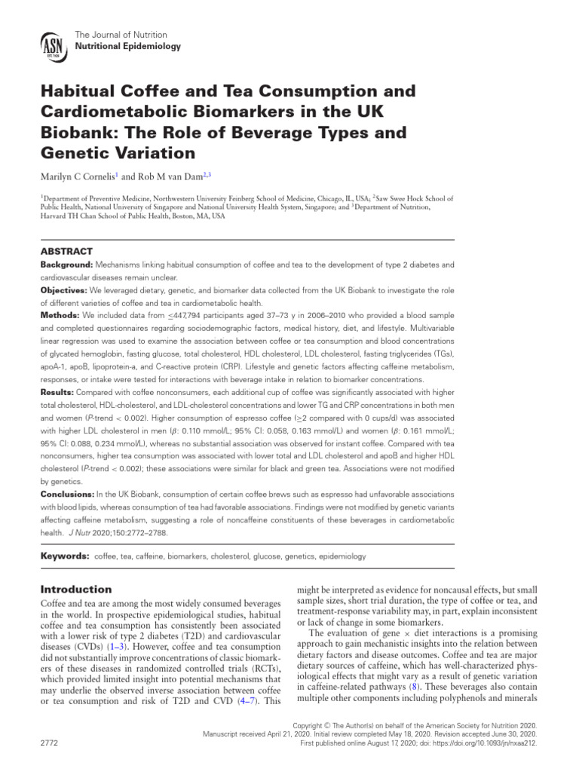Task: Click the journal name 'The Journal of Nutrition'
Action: coord(121,35)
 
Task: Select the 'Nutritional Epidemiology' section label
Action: coord(127,47)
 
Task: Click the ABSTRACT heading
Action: coord(66,251)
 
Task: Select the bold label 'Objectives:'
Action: coord(63,289)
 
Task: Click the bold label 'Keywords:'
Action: coord(65,556)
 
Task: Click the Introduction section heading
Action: coord(75,589)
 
